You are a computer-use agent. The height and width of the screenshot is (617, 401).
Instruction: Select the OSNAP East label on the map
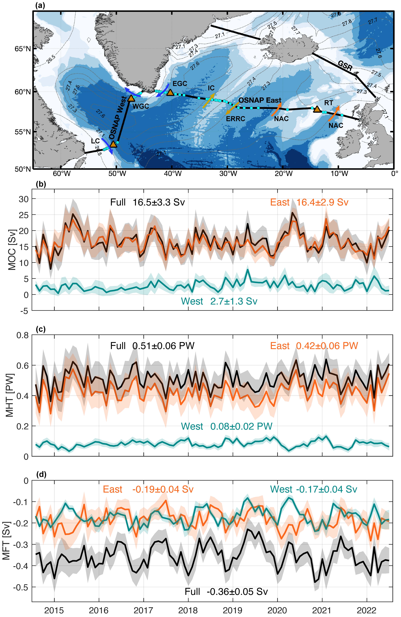click(x=260, y=100)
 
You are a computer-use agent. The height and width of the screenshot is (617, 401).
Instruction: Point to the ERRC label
click(x=235, y=119)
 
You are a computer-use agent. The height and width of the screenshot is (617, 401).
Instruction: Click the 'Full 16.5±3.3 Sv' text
click(x=147, y=202)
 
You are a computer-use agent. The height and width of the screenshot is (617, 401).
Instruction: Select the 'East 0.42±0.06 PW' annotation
click(x=314, y=346)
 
